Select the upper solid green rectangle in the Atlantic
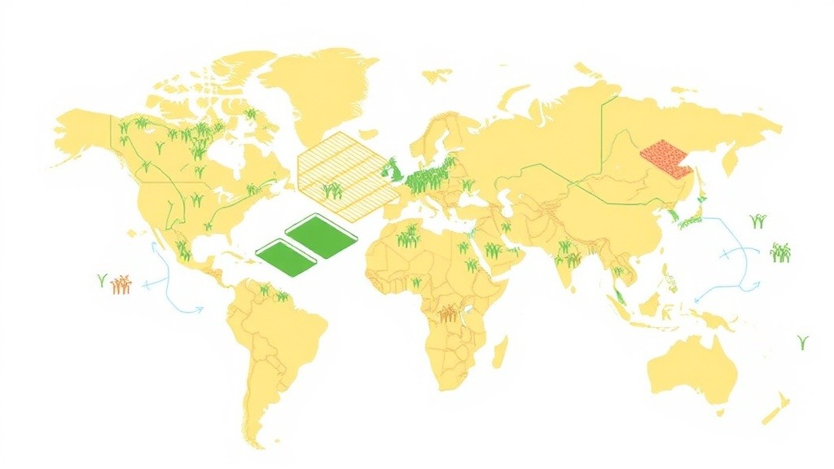point(322,234)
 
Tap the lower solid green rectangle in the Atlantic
point(286,257)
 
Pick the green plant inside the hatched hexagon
point(331,191)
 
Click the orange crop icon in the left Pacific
point(121,283)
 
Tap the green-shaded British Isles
point(393,170)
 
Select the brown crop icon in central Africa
point(448,313)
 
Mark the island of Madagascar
point(500,351)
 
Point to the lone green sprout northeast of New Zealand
point(803,342)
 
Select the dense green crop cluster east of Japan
point(781,252)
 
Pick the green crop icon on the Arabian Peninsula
point(494,250)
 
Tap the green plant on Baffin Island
point(250,115)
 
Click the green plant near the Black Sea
point(467,186)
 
